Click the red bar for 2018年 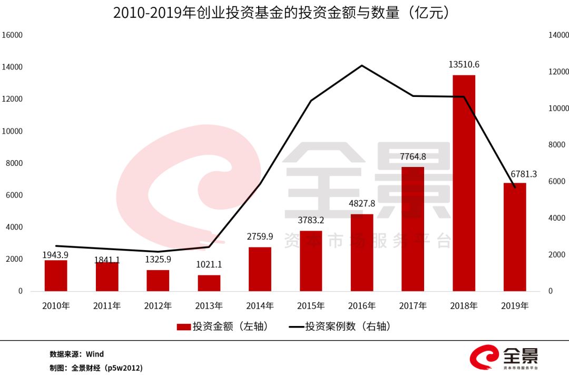click(464, 183)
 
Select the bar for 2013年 click(209, 283)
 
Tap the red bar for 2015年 click(311, 261)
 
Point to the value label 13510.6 click(464, 65)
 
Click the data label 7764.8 click(413, 156)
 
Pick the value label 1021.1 click(209, 265)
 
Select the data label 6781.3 click(523, 174)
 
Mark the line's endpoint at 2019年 click(515, 187)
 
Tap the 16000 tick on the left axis click(13, 35)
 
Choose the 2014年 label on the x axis click(260, 306)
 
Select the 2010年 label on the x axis click(56, 306)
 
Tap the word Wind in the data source click(95, 354)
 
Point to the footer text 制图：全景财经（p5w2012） click(96, 368)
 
